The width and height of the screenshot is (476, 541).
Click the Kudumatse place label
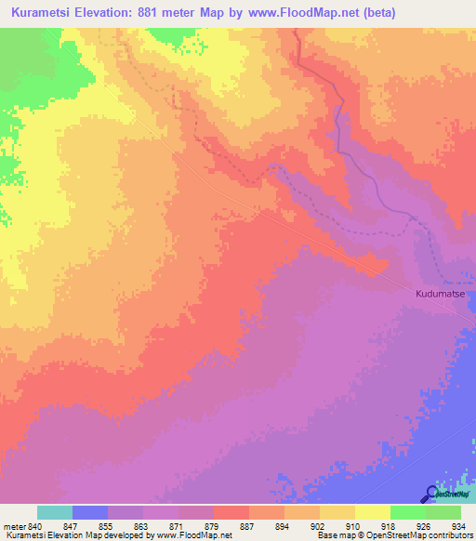click(440, 293)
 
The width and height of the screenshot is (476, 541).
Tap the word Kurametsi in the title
click(44, 13)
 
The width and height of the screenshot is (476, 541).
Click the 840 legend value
click(35, 525)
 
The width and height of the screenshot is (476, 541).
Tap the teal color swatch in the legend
click(55, 512)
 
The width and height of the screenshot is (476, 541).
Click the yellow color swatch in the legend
click(373, 512)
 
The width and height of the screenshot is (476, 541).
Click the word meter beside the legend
click(14, 525)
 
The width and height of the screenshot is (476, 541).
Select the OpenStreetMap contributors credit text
click(420, 536)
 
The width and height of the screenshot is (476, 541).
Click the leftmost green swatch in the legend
click(408, 512)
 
